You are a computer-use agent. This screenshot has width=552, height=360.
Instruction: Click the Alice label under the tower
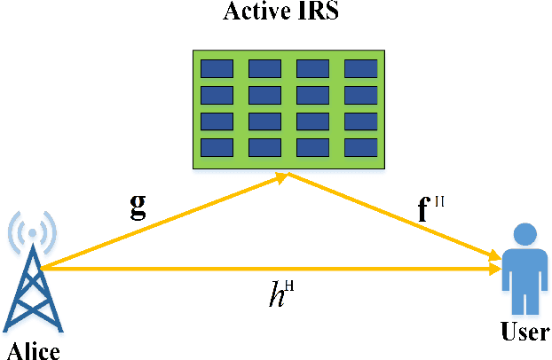pyautogui.click(x=32, y=350)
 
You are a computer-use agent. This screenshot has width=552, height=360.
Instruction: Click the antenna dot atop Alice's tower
pyautogui.click(x=33, y=232)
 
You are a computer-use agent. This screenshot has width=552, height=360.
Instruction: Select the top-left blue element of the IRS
pyautogui.click(x=217, y=68)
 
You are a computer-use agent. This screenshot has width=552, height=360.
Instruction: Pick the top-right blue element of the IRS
pyautogui.click(x=360, y=68)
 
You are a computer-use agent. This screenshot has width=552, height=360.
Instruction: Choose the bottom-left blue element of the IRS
pyautogui.click(x=217, y=146)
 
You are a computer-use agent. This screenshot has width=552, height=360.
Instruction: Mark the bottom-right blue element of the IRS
pyautogui.click(x=360, y=146)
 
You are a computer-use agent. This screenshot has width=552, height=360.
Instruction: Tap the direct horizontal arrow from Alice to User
pyautogui.click(x=266, y=268)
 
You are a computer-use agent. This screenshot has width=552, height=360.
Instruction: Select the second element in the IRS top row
pyautogui.click(x=264, y=68)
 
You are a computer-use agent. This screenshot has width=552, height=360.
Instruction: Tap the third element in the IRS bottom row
pyautogui.click(x=312, y=146)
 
